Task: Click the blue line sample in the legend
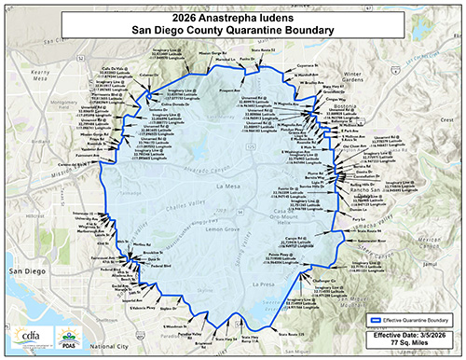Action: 378,318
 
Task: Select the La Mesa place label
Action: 228,186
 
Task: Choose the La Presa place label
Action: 264,284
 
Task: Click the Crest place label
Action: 446,121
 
